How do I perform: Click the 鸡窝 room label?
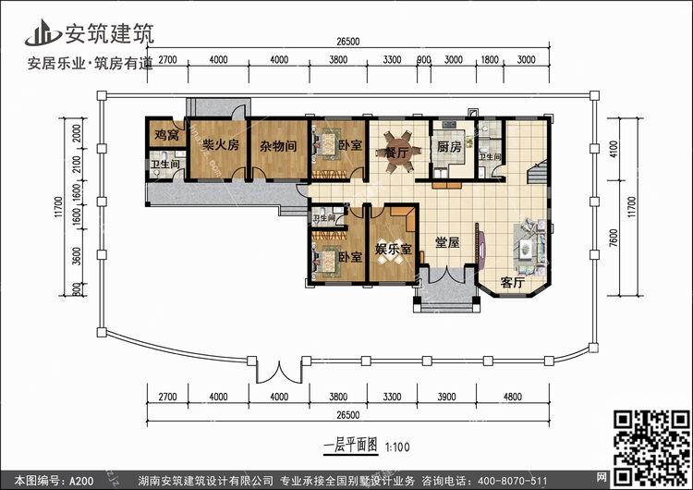pos(166,134)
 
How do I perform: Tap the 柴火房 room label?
pos(220,144)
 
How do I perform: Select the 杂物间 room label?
pos(277,145)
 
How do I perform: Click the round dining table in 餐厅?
pos(396,152)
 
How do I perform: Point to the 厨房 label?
pos(449,146)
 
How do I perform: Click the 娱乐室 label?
pos(394,249)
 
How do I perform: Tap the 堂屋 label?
pos(447,242)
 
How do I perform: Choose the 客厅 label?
pos(512,282)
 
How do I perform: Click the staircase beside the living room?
pos(538,172)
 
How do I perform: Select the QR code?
pos(651,447)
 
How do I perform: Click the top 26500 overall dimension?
pos(347,42)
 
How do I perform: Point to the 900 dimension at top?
pos(424,60)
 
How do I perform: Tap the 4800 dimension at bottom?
pos(512,397)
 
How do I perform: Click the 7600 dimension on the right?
pos(613,238)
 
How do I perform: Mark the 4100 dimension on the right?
pos(614,150)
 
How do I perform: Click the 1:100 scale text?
pos(397,447)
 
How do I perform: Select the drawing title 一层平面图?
pos(351,446)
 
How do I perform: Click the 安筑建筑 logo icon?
pos(43,33)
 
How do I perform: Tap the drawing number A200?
pos(80,481)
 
